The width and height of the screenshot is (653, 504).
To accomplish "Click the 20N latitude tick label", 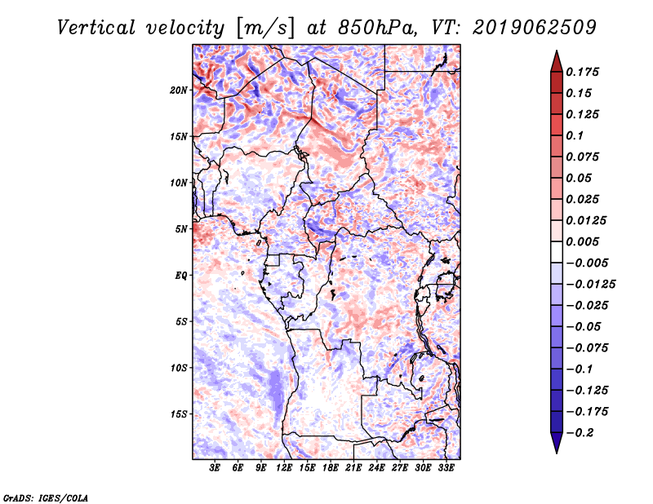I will tap(180, 90).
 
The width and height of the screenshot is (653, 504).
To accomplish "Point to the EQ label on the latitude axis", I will tap(181, 275).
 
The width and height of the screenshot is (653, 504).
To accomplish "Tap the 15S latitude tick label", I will tap(180, 413).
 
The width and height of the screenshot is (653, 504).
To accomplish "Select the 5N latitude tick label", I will tap(182, 228).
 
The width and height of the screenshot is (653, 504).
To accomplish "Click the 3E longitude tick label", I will tap(215, 468).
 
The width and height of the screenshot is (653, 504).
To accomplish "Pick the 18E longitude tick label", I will tap(331, 468).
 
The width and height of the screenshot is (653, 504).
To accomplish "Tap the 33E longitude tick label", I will tap(446, 468).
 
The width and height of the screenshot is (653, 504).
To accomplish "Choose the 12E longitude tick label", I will tap(284, 468).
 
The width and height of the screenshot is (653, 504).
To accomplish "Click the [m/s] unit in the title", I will tap(264, 28).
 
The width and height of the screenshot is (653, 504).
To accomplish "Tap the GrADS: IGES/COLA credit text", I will tap(45, 496).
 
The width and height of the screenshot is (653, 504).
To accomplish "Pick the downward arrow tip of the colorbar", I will tap(555, 450).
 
